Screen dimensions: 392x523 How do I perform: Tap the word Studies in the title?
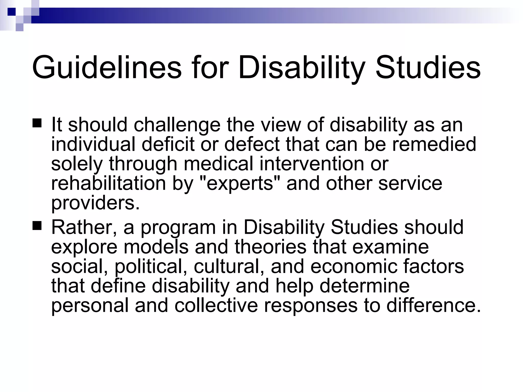pyautogui.click(x=428, y=68)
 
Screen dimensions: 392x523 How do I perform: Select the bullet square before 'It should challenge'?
pyautogui.click(x=37, y=123)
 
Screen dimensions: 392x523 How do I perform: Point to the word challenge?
pyautogui.click(x=177, y=125)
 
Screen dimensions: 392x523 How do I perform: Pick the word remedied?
pyautogui.click(x=434, y=144)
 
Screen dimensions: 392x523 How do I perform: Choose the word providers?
pyautogui.click(x=96, y=203)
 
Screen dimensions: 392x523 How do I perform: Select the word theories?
pyautogui.click(x=270, y=247)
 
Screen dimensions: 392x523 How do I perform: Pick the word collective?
pyautogui.click(x=216, y=305)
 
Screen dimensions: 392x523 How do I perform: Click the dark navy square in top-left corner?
pyautogui.click(x=11, y=11)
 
